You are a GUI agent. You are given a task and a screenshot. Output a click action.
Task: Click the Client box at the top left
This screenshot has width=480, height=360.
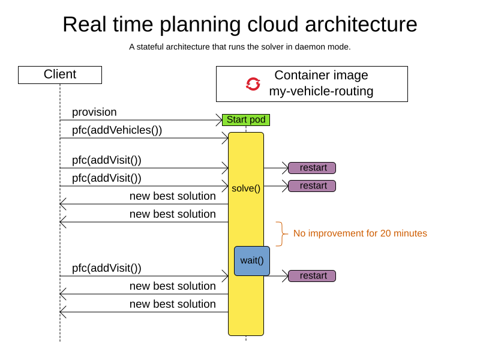[x=60, y=75]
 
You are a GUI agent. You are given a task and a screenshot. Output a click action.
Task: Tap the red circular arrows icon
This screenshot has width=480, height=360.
[x=253, y=84]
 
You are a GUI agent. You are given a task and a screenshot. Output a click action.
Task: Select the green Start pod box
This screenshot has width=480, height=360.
[x=246, y=120]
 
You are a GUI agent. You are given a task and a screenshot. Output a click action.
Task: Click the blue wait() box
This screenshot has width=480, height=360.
[x=252, y=260]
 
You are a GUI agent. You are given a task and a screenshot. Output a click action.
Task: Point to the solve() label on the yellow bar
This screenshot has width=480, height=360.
[x=246, y=188]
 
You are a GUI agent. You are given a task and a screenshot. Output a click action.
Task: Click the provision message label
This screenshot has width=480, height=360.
[x=94, y=112]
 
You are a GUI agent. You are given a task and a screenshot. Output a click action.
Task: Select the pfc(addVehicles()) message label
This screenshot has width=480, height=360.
[x=117, y=130]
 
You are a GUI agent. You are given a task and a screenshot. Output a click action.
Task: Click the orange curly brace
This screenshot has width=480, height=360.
[x=280, y=233]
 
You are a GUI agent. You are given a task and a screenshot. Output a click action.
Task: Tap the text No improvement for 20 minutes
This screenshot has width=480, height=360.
[x=360, y=233]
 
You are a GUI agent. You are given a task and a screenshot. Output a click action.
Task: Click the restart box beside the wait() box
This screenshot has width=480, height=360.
[x=312, y=276]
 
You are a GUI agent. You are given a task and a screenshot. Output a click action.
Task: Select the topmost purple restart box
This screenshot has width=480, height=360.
[x=312, y=168]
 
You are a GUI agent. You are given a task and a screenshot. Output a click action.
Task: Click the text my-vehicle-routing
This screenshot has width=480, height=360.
[x=321, y=92]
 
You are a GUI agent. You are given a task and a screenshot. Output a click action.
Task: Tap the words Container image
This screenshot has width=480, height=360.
[x=321, y=76]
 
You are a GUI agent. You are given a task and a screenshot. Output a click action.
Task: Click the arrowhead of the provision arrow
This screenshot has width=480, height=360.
[x=220, y=120]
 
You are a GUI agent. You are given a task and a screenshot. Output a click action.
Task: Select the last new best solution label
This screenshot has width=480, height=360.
[x=173, y=304]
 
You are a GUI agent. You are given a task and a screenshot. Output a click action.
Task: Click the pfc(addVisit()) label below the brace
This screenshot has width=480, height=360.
[x=107, y=268]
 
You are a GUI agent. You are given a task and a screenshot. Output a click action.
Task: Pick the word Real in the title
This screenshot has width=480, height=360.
[x=84, y=25]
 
